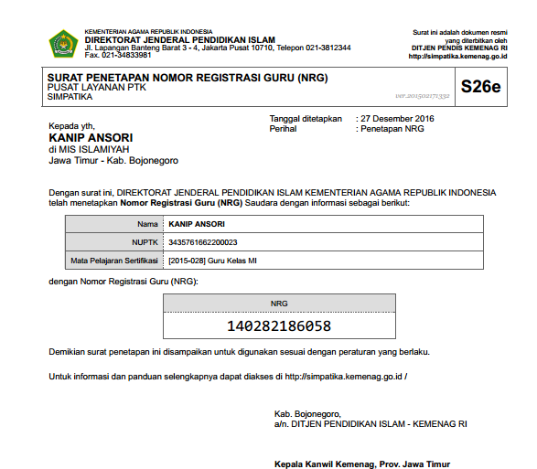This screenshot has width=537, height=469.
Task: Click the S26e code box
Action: pos(480,88)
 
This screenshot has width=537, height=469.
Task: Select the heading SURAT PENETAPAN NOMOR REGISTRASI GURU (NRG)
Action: pos(187,78)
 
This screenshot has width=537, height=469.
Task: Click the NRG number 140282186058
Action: pos(279,325)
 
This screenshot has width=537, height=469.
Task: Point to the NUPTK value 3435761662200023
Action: pos(203,242)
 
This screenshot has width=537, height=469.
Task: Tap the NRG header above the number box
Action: pos(279,303)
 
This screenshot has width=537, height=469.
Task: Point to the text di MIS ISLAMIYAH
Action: pos(89,149)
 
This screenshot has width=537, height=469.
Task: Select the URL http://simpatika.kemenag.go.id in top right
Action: pos(457,56)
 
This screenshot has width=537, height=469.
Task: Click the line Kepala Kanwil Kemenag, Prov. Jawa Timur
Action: pos(362,464)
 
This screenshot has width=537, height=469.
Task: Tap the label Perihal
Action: pos(283,129)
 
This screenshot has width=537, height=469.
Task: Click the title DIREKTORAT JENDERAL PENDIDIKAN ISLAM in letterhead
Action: pos(179,39)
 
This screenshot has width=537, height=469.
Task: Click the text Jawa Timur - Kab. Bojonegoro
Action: pos(113,160)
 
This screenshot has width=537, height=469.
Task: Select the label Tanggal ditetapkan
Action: pos(305,118)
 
